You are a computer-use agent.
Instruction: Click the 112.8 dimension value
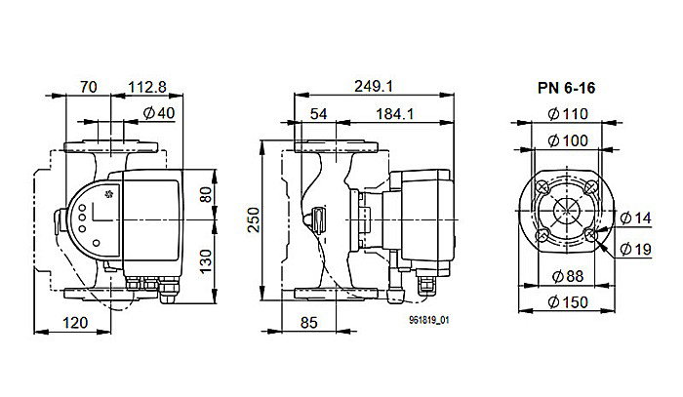[150, 87]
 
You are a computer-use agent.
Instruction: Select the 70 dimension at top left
[89, 87]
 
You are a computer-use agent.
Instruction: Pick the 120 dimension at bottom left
[76, 322]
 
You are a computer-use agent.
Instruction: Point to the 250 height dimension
[253, 222]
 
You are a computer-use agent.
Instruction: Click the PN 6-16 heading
[567, 88]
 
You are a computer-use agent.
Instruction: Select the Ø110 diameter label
[567, 114]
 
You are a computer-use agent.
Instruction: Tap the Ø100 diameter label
[567, 140]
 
